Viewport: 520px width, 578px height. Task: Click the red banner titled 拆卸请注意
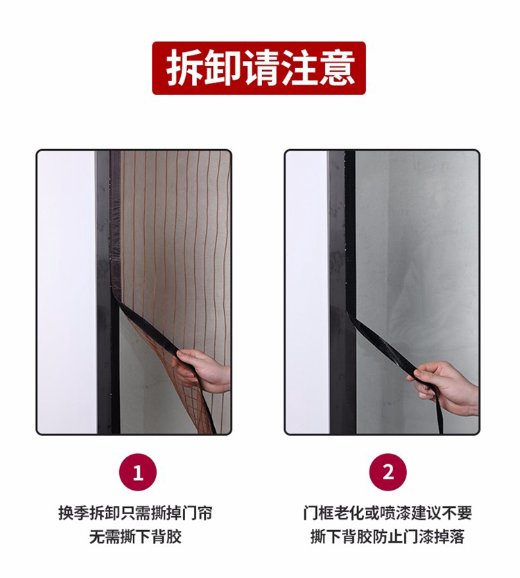click(259, 68)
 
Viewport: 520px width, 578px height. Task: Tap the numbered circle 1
click(138, 473)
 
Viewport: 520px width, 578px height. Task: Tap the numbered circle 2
click(388, 473)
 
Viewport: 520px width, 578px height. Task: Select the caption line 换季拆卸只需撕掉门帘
click(135, 513)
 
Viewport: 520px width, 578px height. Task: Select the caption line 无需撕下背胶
click(135, 536)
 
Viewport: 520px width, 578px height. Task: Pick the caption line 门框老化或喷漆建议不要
click(388, 513)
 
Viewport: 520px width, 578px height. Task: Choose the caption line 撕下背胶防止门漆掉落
click(388, 536)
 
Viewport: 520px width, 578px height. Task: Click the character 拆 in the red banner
click(184, 68)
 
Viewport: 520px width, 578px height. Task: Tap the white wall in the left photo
click(67, 291)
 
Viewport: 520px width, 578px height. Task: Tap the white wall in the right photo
click(308, 291)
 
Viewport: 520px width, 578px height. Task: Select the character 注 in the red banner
click(298, 68)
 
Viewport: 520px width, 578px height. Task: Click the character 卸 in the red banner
click(223, 68)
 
